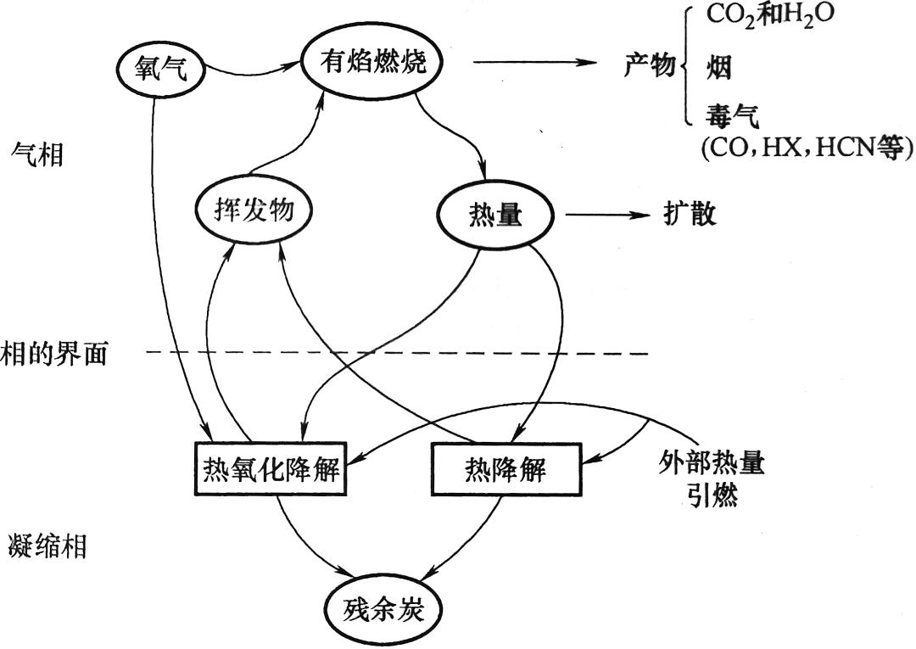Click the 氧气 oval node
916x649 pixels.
tap(160, 70)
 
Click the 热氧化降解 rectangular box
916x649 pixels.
tap(271, 468)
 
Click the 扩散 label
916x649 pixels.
tap(690, 215)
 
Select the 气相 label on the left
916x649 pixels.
tap(37, 154)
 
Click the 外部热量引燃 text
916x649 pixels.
tap(711, 478)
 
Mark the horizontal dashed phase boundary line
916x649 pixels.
tap(399, 352)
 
